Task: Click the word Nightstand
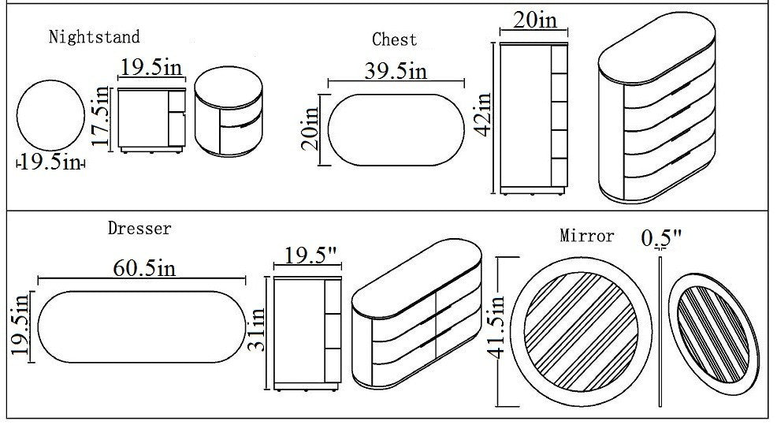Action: (x=94, y=36)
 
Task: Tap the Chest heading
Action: (x=394, y=39)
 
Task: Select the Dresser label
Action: (x=139, y=229)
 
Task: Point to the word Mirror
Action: (x=587, y=236)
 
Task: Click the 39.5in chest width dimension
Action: (x=396, y=71)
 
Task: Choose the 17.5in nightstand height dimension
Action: (x=99, y=117)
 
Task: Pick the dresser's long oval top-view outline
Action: (x=141, y=326)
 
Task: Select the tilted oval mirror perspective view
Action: (x=712, y=331)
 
